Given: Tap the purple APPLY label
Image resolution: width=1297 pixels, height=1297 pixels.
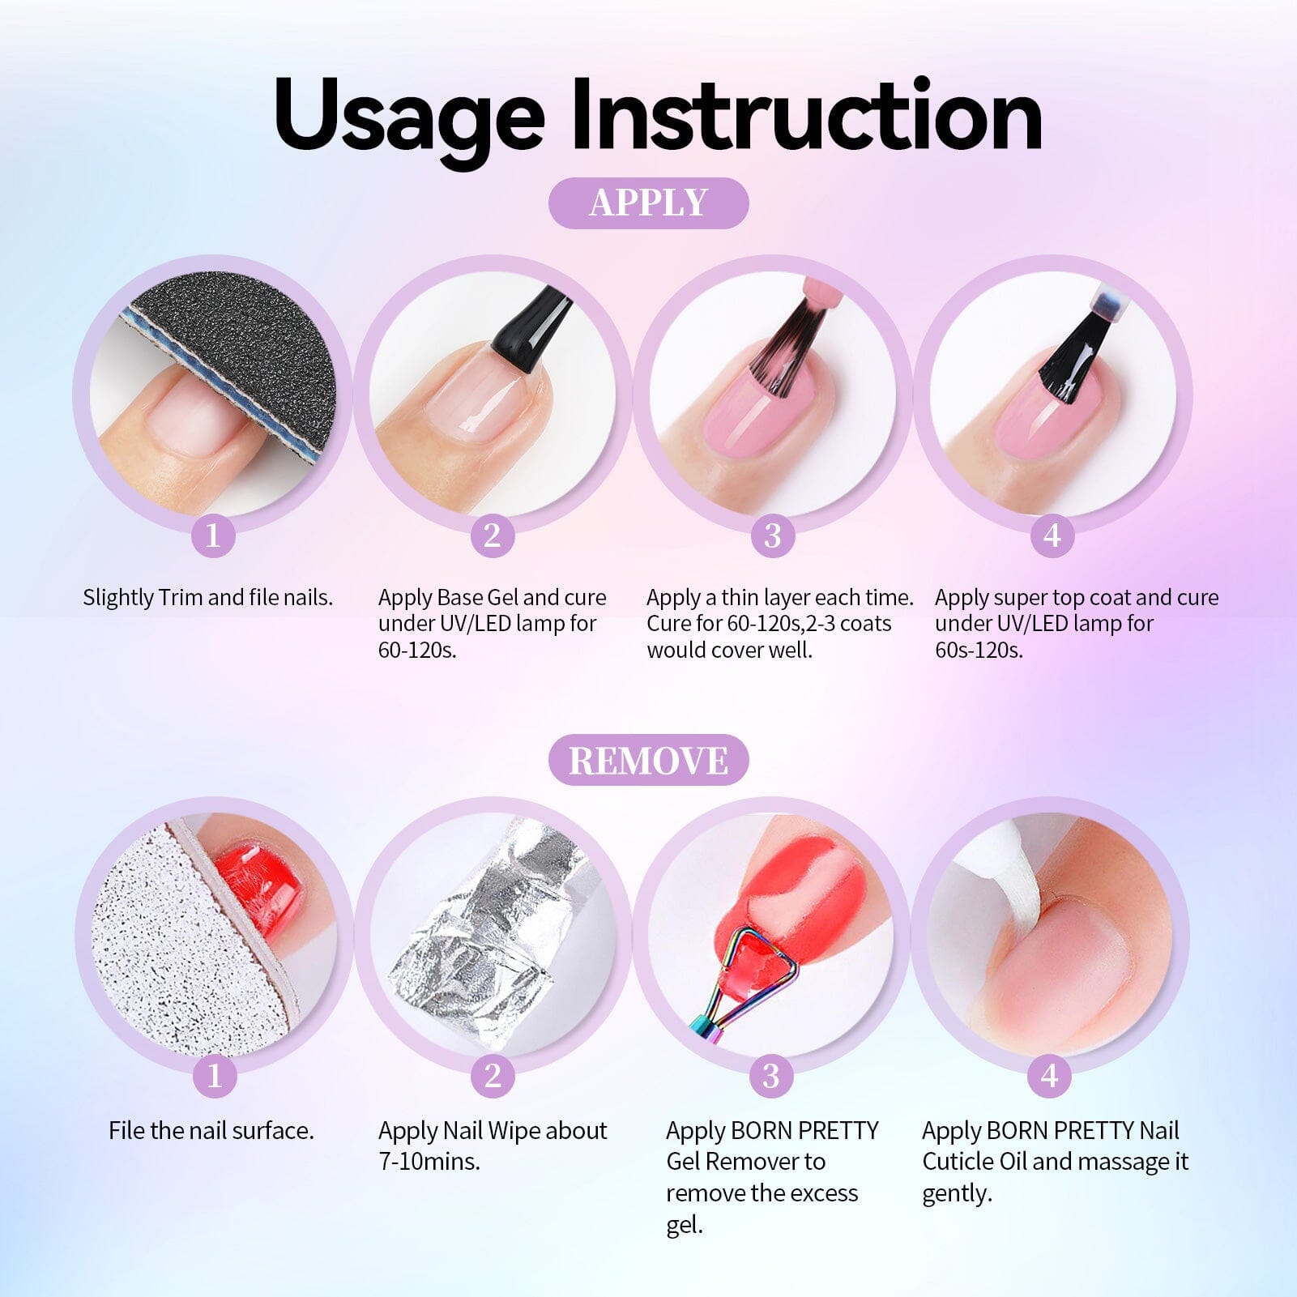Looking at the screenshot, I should (648, 203).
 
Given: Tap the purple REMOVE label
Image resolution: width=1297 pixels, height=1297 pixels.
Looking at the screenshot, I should (648, 760).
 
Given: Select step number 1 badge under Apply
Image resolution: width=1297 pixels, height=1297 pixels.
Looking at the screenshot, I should (213, 535).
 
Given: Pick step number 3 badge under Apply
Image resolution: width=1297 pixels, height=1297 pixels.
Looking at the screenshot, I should (772, 535).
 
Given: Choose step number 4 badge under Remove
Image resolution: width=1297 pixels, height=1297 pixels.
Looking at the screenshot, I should (1049, 1075).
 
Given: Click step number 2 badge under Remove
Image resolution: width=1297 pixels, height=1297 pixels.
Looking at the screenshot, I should (493, 1075).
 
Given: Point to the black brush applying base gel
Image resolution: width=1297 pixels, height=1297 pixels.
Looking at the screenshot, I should (527, 332).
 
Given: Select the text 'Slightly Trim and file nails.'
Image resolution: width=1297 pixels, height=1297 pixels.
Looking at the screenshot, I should (208, 597).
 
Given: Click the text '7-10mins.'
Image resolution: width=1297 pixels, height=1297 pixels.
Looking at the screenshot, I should (429, 1161).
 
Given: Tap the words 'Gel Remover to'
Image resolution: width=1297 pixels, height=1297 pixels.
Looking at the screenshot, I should (745, 1161).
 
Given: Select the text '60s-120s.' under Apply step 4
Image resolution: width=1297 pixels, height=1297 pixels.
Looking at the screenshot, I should (979, 650).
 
